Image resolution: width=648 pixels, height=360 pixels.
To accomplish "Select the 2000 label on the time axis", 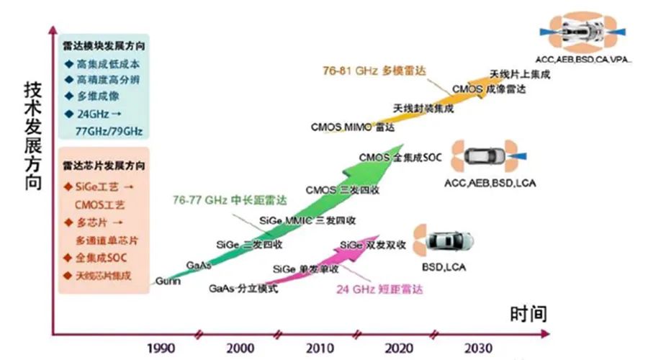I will tap(239, 348).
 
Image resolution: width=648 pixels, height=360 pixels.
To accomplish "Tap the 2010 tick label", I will tap(318, 348).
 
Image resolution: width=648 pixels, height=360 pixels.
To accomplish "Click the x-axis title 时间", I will tap(528, 315).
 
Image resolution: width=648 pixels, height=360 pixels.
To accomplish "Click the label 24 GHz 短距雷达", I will tap(378, 289).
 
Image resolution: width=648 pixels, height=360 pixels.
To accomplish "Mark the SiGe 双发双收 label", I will tap(373, 245).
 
